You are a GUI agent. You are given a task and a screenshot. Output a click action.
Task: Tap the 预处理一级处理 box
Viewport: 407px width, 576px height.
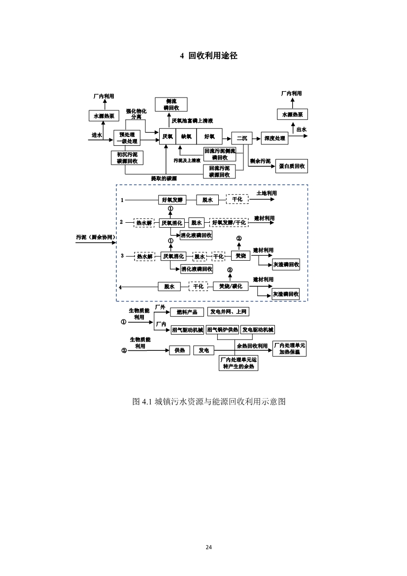pyautogui.click(x=127, y=137)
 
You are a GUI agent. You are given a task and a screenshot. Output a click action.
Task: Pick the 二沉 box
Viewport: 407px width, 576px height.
pyautogui.click(x=241, y=138)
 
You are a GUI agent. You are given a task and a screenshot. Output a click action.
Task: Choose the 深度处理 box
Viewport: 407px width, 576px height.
pyautogui.click(x=274, y=138)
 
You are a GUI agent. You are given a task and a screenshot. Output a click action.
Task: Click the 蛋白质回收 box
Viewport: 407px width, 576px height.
pyautogui.click(x=292, y=166)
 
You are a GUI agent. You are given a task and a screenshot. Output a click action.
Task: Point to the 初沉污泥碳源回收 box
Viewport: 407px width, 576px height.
pyautogui.click(x=127, y=158)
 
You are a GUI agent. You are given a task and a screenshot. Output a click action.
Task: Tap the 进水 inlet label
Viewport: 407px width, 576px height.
pyautogui.click(x=97, y=135)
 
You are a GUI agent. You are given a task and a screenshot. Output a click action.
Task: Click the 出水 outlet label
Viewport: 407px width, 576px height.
pyautogui.click(x=301, y=130)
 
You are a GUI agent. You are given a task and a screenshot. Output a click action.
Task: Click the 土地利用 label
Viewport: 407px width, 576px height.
pyautogui.click(x=267, y=193)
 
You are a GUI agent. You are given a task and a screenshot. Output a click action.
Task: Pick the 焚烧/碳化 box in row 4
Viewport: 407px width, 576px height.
pyautogui.click(x=231, y=286)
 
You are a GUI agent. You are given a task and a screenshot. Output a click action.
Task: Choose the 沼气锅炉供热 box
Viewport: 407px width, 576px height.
pyautogui.click(x=222, y=330)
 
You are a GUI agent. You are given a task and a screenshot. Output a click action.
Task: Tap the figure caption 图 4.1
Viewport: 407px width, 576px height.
pyautogui.click(x=209, y=401)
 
